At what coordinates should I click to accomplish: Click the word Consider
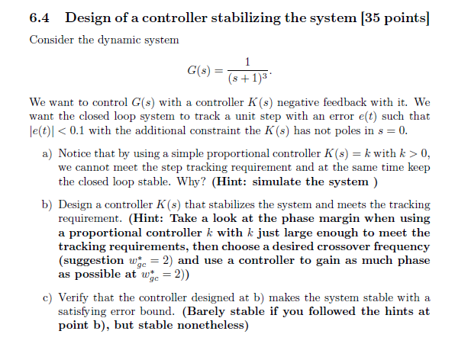tap(52, 40)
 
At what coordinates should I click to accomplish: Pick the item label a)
tap(47, 153)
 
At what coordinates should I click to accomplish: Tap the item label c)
tap(47, 297)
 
